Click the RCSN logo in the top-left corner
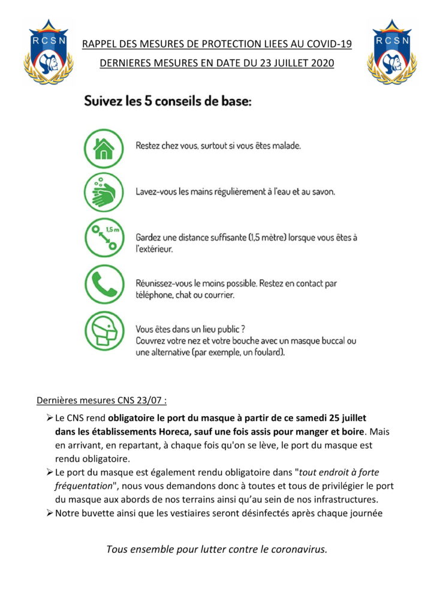49,52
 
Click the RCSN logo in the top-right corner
391,52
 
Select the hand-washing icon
103,192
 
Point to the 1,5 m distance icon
103,239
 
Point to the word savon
322,192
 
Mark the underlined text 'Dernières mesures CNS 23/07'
102,400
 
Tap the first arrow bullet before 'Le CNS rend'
50,417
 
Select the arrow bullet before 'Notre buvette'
50,513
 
